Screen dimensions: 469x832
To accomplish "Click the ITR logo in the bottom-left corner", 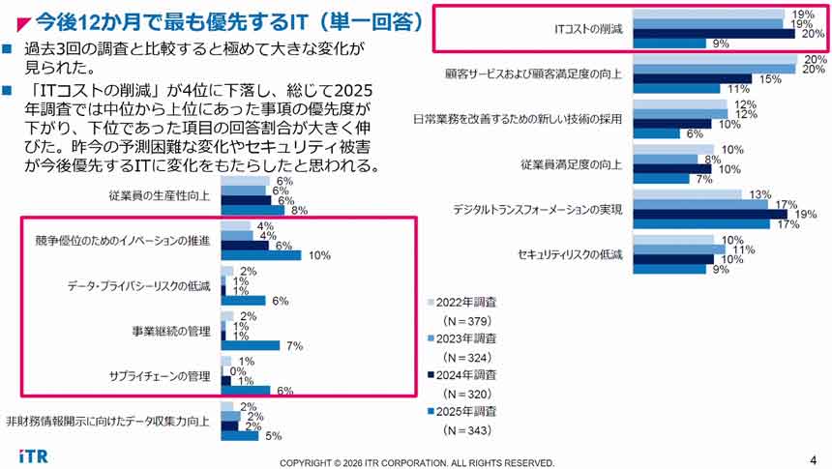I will tap(32, 455).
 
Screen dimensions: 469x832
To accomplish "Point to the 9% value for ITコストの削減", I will tap(721, 44).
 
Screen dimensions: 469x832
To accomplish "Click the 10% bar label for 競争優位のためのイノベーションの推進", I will tap(320, 255).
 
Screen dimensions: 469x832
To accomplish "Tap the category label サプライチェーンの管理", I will tap(160, 375).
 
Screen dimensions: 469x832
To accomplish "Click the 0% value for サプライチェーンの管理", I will tap(237, 370).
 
